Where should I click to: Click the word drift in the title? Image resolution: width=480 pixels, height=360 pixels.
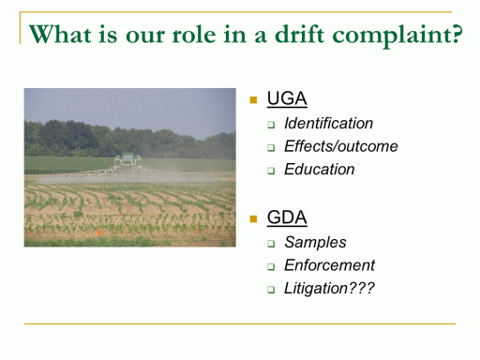pyautogui.click(x=299, y=34)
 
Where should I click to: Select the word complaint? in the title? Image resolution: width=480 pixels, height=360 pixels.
pyautogui.click(x=397, y=36)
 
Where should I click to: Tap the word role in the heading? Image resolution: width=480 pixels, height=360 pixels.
pyautogui.click(x=194, y=34)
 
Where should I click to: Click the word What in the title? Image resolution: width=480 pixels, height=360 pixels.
pyautogui.click(x=61, y=34)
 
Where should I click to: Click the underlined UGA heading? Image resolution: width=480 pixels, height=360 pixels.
pyautogui.click(x=287, y=98)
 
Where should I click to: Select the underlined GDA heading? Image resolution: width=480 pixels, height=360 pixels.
pyautogui.click(x=287, y=217)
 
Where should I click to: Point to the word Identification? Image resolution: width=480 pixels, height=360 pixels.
pyautogui.click(x=328, y=123)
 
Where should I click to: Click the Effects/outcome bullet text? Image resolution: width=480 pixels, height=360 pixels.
pyautogui.click(x=341, y=146)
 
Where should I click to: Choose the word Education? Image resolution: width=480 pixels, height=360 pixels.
pyautogui.click(x=320, y=170)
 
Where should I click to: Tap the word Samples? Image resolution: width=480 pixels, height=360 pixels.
pyautogui.click(x=315, y=243)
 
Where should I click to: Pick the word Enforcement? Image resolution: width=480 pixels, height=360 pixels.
pyautogui.click(x=329, y=265)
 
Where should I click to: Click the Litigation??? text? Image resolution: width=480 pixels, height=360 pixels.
pyautogui.click(x=329, y=289)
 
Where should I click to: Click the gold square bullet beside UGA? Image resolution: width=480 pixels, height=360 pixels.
pyautogui.click(x=253, y=100)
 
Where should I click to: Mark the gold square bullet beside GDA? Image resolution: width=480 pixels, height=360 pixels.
pyautogui.click(x=253, y=218)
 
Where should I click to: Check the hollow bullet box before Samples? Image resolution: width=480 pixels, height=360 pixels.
pyautogui.click(x=271, y=244)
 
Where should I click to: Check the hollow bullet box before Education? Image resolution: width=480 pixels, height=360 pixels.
pyautogui.click(x=271, y=171)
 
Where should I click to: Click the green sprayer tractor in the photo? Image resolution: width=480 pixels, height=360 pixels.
pyautogui.click(x=127, y=162)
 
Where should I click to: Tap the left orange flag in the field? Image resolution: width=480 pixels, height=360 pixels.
pyautogui.click(x=99, y=232)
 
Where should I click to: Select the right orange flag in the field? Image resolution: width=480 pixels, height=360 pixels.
pyautogui.click(x=197, y=231)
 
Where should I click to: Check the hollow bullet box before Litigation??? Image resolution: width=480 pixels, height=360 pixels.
pyautogui.click(x=271, y=290)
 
